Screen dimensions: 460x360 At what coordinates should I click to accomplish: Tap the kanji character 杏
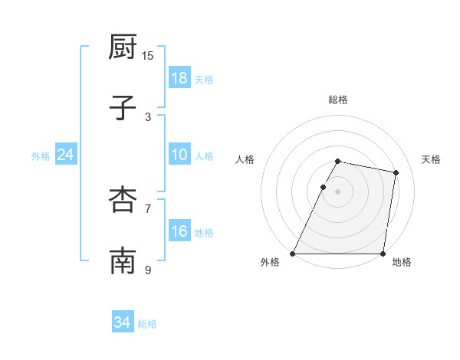pos(123,199)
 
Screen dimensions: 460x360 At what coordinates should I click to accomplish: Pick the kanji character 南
pos(123,260)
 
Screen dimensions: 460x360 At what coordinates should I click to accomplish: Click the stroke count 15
pos(148,55)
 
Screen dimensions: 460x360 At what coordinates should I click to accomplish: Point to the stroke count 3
pos(148,116)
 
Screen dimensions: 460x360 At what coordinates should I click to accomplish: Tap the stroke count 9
pos(148,270)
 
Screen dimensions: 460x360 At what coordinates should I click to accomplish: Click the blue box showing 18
pos(179,78)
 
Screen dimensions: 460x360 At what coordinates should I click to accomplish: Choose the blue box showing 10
pos(179,155)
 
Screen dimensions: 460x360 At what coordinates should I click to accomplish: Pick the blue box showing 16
pos(179,231)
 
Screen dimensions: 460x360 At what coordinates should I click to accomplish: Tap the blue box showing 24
pos(66,155)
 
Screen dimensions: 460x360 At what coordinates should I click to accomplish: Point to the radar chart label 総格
pos(337,100)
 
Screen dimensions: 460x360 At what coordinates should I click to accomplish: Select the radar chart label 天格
pos(431,159)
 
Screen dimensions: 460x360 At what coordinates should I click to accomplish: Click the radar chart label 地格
pos(402,262)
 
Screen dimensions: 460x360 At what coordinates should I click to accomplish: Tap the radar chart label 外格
pos(270,262)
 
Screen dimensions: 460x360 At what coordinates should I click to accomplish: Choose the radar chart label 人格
pos(245,159)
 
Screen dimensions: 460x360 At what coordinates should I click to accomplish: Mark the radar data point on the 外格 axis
pos(293,254)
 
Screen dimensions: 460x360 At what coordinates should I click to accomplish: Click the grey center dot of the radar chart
pos(337,191)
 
